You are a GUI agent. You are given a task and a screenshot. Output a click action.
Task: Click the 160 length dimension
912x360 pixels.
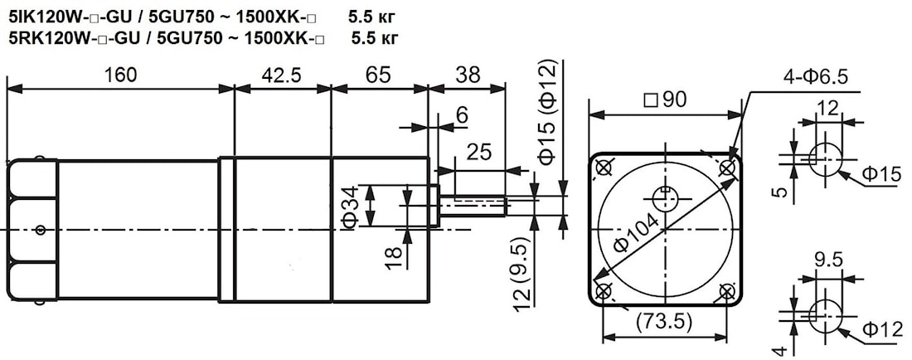(120, 75)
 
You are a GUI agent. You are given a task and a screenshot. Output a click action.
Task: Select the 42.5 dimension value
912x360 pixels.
(282, 75)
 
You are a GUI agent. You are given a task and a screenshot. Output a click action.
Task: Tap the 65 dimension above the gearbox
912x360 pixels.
(379, 75)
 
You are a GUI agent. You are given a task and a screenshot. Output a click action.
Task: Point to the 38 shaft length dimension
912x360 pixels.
(468, 75)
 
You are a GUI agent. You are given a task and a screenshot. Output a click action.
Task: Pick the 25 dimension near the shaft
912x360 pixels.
(478, 153)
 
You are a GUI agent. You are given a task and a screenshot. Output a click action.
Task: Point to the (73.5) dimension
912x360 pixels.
(665, 320)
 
